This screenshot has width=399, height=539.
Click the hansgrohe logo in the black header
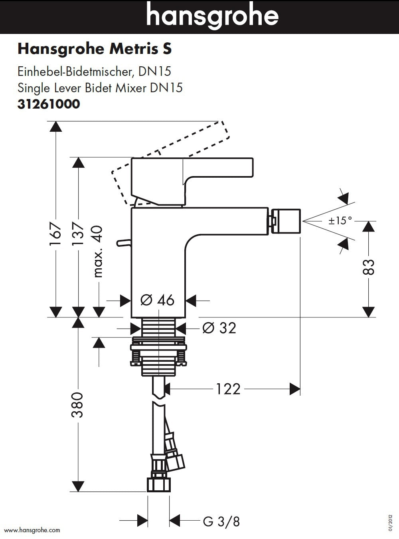(x=212, y=16)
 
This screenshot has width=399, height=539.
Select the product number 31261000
(x=49, y=104)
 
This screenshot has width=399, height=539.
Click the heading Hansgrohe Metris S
(x=95, y=49)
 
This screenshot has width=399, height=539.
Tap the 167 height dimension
(x=55, y=234)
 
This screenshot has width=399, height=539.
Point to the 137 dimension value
(x=78, y=234)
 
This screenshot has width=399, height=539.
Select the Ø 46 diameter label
(x=158, y=300)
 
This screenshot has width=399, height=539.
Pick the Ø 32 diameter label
(x=219, y=328)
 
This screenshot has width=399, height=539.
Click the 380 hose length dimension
(x=77, y=404)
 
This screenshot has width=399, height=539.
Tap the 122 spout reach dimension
(x=229, y=388)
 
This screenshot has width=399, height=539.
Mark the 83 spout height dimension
(x=369, y=267)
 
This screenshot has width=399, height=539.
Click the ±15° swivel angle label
(x=340, y=220)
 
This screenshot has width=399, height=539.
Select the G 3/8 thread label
(x=221, y=521)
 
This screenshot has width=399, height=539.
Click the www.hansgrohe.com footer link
(x=32, y=530)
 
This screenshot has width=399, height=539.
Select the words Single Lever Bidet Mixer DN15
(x=100, y=88)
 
